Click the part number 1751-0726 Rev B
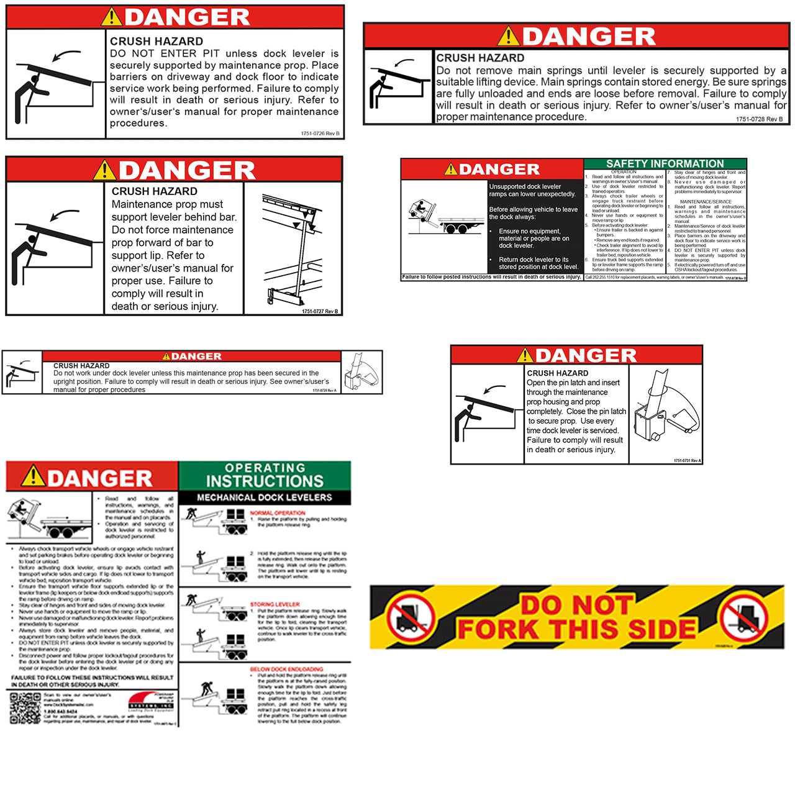320,134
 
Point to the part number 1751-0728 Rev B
759,119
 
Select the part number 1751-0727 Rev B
320,311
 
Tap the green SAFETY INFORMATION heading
665,163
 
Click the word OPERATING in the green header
265,468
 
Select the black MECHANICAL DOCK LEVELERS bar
265,497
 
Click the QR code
25,708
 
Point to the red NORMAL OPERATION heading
278,513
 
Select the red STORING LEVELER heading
275,604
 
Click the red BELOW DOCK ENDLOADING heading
286,670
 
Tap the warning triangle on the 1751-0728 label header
508,36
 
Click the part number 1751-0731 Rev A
687,460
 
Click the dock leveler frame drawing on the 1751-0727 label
292,248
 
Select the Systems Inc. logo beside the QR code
151,702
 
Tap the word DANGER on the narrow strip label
196,357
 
